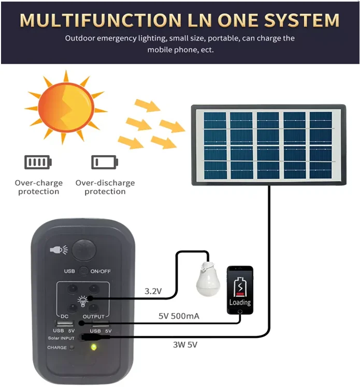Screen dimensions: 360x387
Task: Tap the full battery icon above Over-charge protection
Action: (x=38, y=162)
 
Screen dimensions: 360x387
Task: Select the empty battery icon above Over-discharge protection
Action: (x=105, y=162)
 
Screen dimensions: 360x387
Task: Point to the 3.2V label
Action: (x=153, y=291)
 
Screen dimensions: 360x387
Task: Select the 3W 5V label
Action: (x=184, y=344)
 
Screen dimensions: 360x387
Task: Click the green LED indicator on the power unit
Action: (x=93, y=347)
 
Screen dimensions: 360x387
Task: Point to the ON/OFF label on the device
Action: (x=100, y=271)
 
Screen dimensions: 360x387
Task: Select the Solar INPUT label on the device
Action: (x=61, y=338)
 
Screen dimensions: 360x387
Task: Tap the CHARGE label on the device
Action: (x=57, y=347)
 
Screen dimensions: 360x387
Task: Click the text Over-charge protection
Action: (x=38, y=187)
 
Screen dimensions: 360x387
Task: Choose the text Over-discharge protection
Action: (x=105, y=187)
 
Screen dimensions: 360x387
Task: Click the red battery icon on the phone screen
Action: (x=240, y=286)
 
